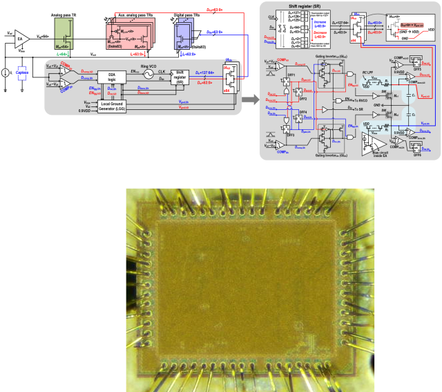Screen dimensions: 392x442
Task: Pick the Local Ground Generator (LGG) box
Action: pos(112,106)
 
